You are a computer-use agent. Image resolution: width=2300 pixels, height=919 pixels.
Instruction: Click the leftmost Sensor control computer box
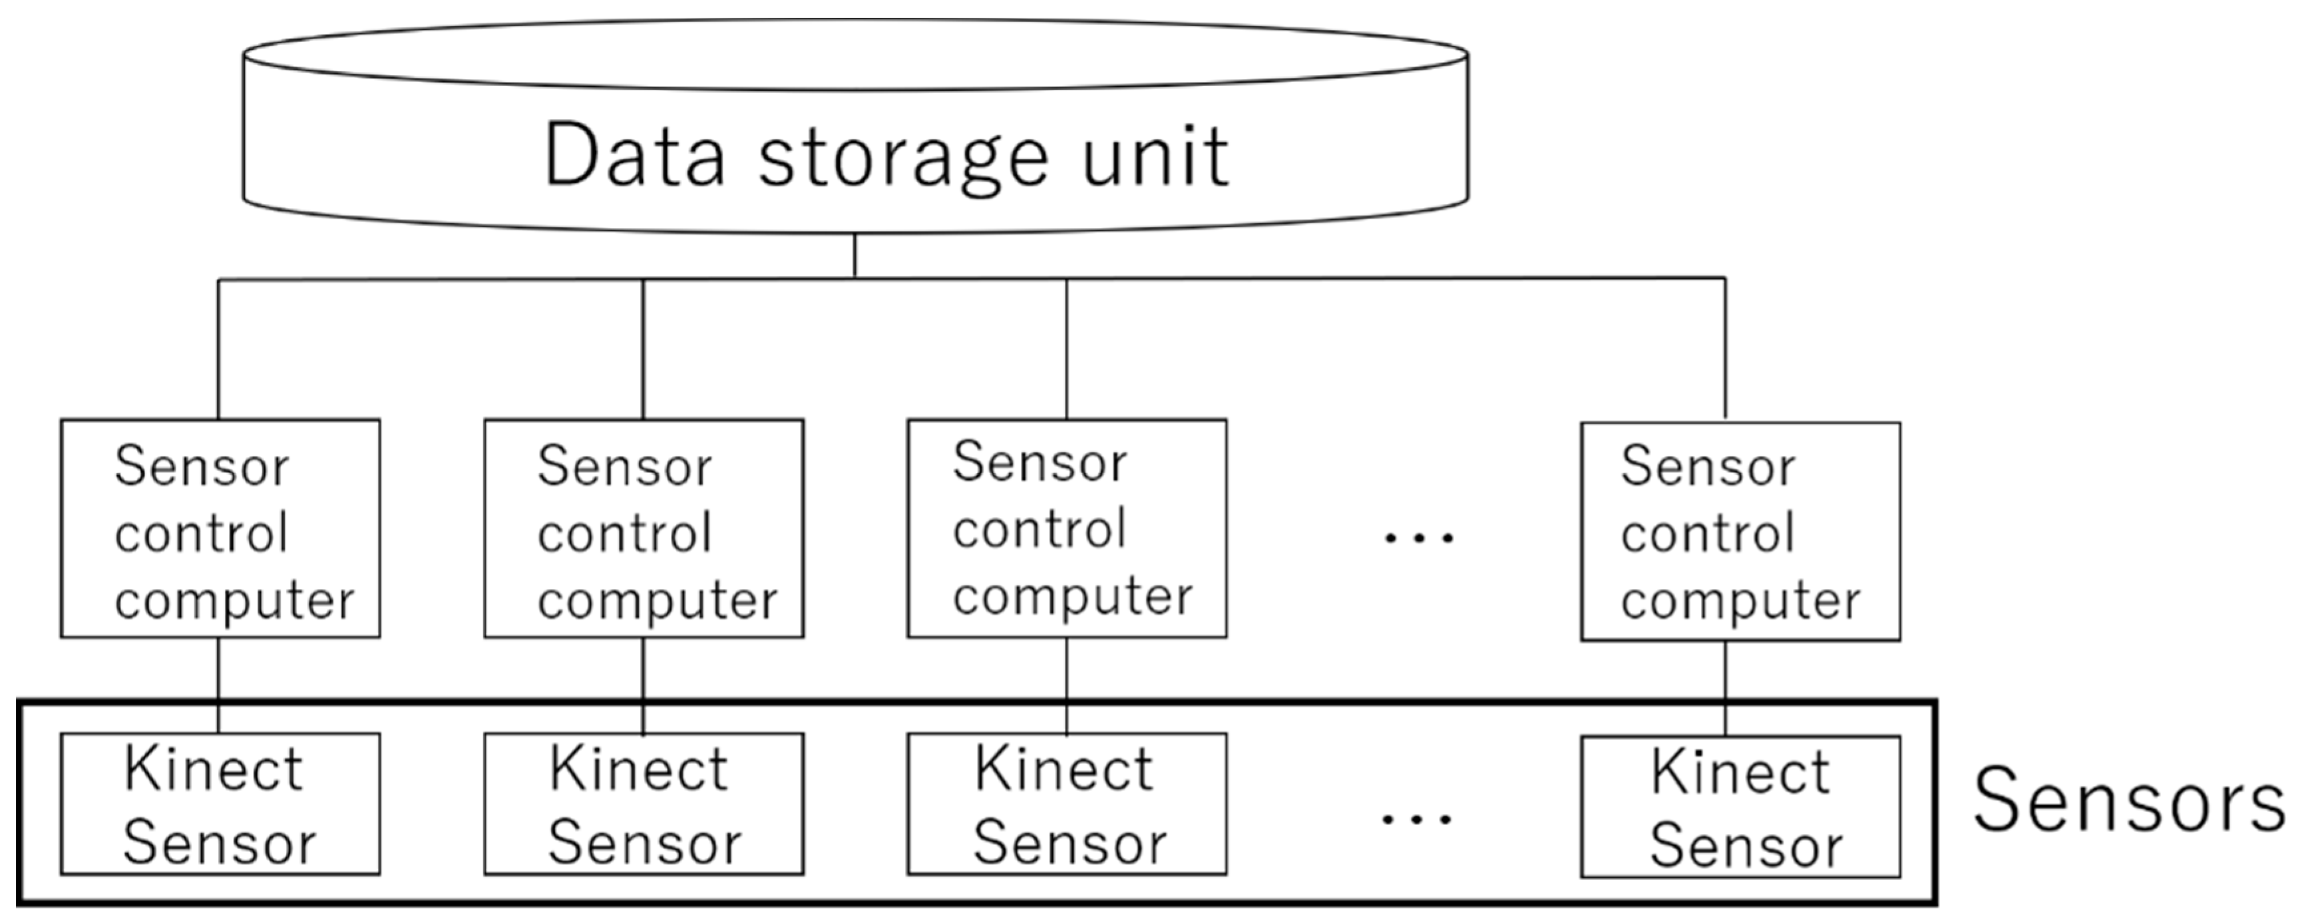tap(220, 529)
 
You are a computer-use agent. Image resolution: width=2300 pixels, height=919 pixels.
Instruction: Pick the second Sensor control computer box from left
tap(644, 529)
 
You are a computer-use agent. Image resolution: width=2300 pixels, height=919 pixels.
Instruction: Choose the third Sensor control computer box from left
tap(1067, 529)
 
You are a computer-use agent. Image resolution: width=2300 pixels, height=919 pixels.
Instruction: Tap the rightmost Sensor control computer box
tap(1740, 532)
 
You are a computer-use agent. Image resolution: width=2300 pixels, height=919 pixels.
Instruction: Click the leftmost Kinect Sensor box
tap(220, 804)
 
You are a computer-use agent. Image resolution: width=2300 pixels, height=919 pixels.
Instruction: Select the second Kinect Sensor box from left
tap(644, 804)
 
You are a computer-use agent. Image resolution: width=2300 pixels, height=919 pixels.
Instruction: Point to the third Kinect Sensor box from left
tap(1067, 804)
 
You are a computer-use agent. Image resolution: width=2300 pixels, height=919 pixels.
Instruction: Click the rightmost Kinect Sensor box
tap(1740, 807)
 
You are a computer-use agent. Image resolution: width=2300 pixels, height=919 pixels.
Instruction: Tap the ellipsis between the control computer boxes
tap(1418, 538)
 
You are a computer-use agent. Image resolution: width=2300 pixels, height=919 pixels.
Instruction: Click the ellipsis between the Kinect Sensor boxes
tap(1417, 818)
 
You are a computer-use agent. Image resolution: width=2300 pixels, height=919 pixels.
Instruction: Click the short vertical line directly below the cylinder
tap(855, 256)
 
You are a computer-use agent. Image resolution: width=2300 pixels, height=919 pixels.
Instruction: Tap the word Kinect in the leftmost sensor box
tap(214, 770)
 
